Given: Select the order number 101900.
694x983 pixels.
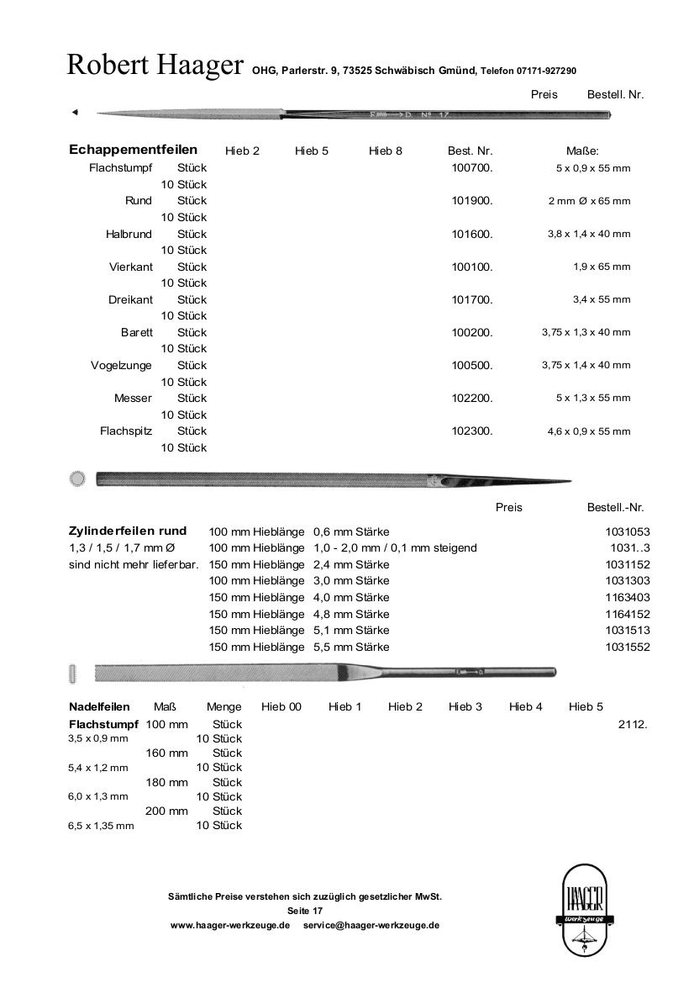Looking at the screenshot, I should pyautogui.click(x=471, y=201).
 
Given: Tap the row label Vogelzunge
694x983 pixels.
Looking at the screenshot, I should pyautogui.click(x=121, y=366).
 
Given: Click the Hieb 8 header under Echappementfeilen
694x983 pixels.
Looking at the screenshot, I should pyautogui.click(x=385, y=151).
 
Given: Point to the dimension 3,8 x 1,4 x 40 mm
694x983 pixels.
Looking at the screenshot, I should pyautogui.click(x=588, y=234).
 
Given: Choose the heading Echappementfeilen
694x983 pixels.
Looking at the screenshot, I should pyautogui.click(x=133, y=151).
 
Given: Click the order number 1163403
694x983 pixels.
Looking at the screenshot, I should pyautogui.click(x=627, y=598).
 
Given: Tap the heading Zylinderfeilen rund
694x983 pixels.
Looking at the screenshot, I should pyautogui.click(x=127, y=531).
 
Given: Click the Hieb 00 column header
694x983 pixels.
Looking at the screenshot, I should pyautogui.click(x=281, y=707).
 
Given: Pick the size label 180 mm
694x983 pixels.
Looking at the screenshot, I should pyautogui.click(x=167, y=782).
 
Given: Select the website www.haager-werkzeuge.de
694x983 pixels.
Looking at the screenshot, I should pyautogui.click(x=230, y=925).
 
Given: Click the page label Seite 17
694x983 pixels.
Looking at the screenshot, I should pyautogui.click(x=304, y=911).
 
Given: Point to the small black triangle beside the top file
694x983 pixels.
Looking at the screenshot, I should pyautogui.click(x=74, y=112).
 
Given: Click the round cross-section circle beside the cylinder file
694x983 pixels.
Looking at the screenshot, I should pyautogui.click(x=77, y=479).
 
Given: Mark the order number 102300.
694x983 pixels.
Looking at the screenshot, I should pyautogui.click(x=471, y=431).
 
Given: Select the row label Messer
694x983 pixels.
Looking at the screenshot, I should pyautogui.click(x=133, y=399).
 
